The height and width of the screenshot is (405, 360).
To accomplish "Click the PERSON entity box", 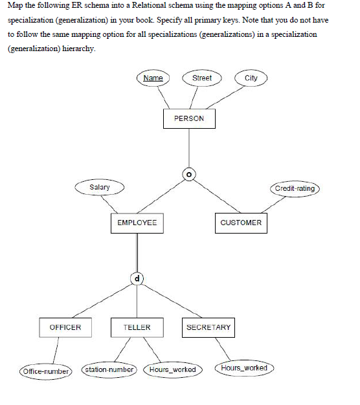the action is (188, 119).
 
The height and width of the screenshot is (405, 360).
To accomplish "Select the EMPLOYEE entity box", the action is (137, 223).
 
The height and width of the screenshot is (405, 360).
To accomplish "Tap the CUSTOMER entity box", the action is (241, 223).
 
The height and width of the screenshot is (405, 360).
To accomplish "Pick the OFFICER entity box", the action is (65, 327).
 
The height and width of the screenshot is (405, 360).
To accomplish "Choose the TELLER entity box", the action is (137, 327).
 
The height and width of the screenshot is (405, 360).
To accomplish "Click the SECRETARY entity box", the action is (208, 327).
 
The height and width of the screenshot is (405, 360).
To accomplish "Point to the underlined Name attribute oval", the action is (153, 78).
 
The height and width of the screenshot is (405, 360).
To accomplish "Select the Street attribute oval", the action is (202, 78).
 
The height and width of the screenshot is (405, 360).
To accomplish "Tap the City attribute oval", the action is (251, 78).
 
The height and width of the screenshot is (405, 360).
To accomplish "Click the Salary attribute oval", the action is (100, 188).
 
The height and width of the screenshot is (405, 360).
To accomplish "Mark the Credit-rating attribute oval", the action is (295, 188).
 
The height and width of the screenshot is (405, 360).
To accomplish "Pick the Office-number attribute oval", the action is (45, 371).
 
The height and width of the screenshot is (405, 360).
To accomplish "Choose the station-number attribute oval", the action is (109, 369).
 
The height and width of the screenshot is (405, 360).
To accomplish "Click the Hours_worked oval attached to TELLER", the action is (172, 369).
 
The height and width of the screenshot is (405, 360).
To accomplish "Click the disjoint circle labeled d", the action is (137, 279).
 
